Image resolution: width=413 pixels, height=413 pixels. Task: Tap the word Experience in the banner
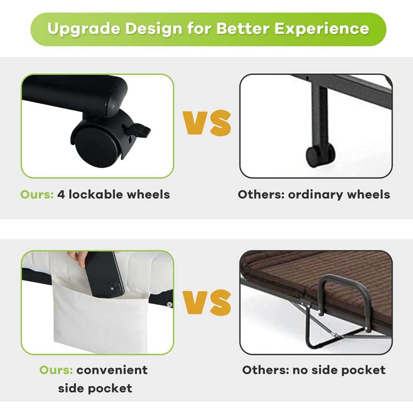tap(322, 28)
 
